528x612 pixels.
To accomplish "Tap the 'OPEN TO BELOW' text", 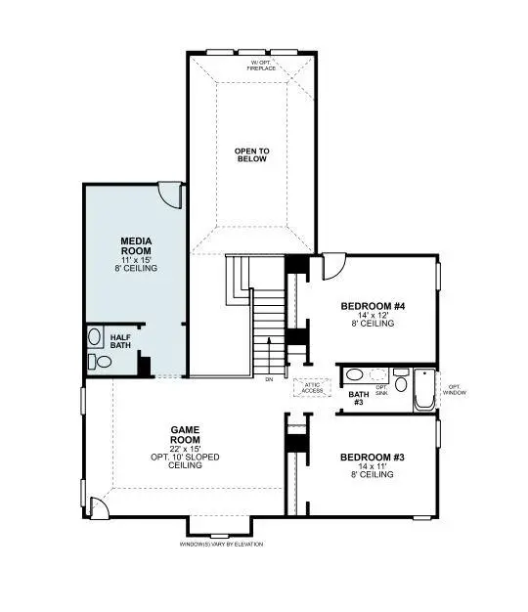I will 251,154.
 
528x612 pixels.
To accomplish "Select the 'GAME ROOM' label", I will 185,435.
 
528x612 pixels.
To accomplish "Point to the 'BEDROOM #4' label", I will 373,306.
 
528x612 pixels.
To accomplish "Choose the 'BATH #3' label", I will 357,398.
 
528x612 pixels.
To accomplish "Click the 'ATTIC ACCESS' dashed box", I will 313,387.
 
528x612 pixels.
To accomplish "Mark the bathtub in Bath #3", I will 424,389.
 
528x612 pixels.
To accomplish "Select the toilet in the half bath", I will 102,362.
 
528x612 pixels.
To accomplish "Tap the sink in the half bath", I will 95,337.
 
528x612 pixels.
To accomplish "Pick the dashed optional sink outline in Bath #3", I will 378,374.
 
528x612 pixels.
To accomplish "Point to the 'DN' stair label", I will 270,379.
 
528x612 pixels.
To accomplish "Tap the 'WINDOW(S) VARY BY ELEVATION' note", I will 222,544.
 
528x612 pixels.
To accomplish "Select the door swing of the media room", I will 171,194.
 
